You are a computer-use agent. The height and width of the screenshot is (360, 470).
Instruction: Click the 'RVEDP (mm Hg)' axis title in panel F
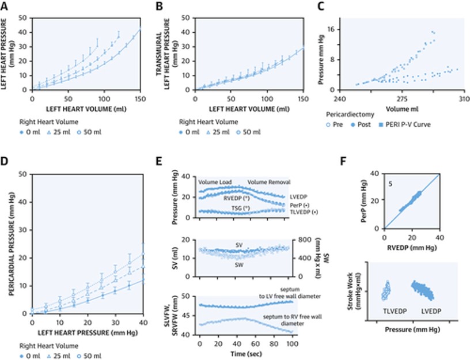point(411,249)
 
